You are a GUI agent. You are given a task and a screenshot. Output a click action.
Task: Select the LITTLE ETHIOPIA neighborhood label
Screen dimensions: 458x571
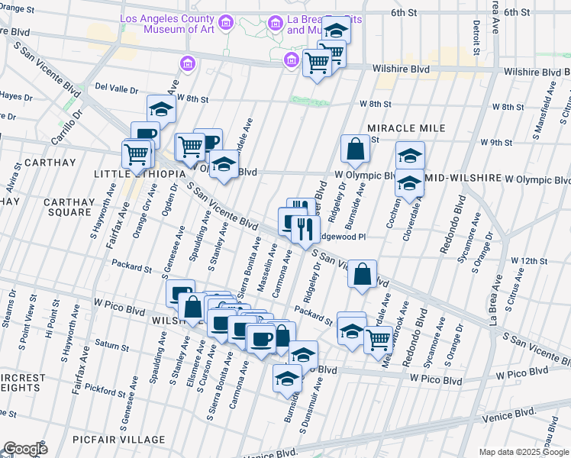point(139,174)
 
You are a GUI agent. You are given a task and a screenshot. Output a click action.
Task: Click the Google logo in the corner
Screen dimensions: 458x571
point(24,449)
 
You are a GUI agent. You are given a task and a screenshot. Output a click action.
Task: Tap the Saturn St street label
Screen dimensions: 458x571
point(112,347)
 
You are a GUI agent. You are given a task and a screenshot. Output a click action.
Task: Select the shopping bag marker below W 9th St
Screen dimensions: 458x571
point(356,148)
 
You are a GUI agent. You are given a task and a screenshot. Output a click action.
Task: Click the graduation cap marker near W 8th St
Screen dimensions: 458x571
point(161,110)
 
